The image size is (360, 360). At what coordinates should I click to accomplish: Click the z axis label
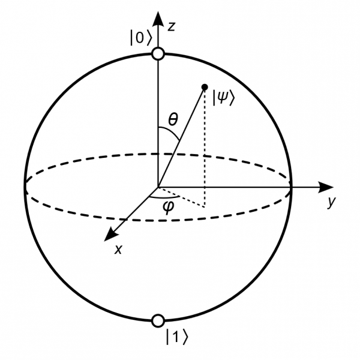171,26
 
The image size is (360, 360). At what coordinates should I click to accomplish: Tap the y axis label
332,202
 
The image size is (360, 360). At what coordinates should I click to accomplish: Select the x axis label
118,250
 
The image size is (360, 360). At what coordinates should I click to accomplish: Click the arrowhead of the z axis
158,18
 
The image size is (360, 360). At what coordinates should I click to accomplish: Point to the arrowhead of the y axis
326,187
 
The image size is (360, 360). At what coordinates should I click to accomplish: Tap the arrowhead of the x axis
111,235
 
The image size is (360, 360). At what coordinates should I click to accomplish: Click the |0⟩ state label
141,37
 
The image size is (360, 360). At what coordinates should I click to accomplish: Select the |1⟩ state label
177,337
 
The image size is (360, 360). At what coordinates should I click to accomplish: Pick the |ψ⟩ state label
223,98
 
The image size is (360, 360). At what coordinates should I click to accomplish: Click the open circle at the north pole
158,54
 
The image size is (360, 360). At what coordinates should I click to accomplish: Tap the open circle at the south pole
158,320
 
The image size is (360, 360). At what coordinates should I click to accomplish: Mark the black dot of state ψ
205,87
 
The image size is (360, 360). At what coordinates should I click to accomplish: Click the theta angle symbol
173,119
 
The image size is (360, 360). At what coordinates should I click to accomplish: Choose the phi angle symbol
168,207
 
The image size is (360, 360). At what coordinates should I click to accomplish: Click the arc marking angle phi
164,197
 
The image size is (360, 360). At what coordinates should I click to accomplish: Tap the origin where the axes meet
158,187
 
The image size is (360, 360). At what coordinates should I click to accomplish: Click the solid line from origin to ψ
181,137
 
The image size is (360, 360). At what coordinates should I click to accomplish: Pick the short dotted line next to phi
181,197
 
